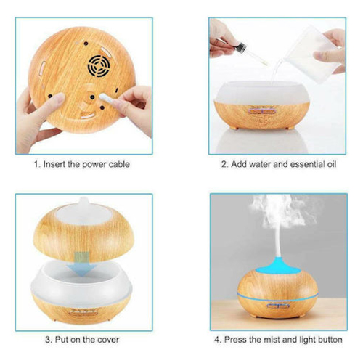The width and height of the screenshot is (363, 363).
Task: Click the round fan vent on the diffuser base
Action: [99, 66]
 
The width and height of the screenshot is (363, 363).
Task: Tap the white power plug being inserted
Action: [105, 97]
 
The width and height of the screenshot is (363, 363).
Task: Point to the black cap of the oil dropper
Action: [242, 46]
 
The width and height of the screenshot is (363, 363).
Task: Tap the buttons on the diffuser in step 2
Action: [262, 112]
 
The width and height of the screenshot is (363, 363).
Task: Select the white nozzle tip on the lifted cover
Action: [83, 200]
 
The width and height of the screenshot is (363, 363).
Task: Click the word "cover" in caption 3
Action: [108, 340]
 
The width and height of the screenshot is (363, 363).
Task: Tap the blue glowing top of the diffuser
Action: [277, 266]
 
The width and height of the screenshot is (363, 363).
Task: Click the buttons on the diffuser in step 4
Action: [278, 306]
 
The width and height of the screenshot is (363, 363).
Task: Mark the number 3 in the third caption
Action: [48, 340]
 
